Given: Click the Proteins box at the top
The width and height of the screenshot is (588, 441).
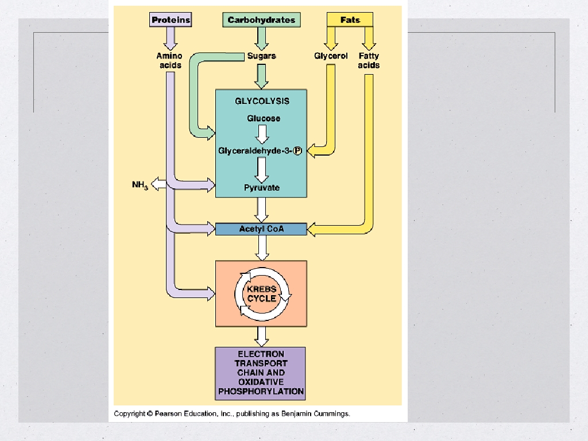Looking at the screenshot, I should pyautogui.click(x=171, y=20).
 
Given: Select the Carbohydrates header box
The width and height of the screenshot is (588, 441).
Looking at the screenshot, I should pyautogui.click(x=261, y=20).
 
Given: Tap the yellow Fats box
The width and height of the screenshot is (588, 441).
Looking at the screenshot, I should pyautogui.click(x=350, y=20).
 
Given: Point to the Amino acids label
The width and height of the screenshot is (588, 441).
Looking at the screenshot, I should pyautogui.click(x=169, y=60).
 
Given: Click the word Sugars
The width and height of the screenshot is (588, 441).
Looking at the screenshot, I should pyautogui.click(x=261, y=56).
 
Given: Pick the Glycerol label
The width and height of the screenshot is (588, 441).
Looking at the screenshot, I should pyautogui.click(x=331, y=56).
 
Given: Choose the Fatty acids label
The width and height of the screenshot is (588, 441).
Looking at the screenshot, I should pyautogui.click(x=369, y=60).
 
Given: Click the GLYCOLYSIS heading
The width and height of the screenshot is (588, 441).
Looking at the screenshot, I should pyautogui.click(x=262, y=101).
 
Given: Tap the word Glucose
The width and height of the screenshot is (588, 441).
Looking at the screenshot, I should pyautogui.click(x=264, y=118).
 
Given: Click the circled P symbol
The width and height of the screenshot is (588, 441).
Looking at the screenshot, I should pyautogui.click(x=297, y=151).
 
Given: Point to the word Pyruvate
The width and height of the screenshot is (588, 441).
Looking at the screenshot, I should pyautogui.click(x=262, y=188).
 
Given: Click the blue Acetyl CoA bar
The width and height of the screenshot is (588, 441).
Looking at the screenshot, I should pyautogui.click(x=261, y=229).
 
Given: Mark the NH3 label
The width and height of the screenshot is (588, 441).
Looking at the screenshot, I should pyautogui.click(x=140, y=185).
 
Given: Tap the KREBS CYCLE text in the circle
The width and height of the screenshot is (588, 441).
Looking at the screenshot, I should pyautogui.click(x=262, y=294).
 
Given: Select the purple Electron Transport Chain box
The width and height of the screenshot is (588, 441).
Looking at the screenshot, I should pyautogui.click(x=261, y=373).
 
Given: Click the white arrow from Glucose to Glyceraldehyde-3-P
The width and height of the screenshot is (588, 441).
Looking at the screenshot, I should pyautogui.click(x=262, y=134).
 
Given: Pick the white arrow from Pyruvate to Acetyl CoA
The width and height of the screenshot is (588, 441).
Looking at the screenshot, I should pyautogui.click(x=262, y=210).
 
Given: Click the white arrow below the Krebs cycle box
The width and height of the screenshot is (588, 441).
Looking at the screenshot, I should pyautogui.click(x=262, y=335).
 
